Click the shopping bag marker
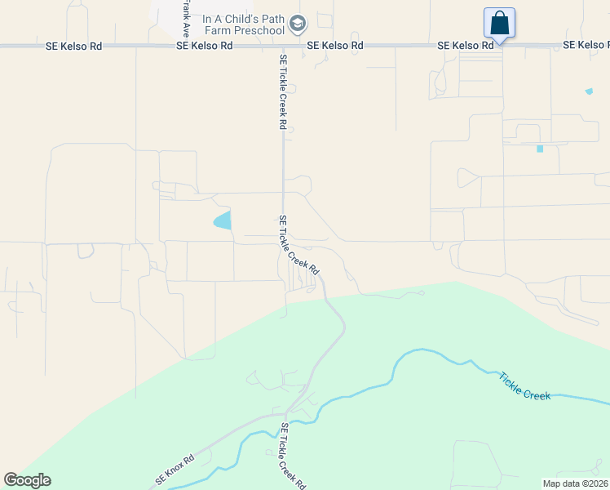tap(499, 23)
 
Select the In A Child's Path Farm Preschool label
tap(232, 24)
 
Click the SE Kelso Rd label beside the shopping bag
tap(466, 46)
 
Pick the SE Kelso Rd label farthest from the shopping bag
tap(73, 47)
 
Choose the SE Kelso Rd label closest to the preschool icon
tap(335, 46)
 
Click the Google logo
tap(27, 480)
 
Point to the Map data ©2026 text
tap(575, 483)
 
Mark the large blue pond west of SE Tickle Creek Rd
tap(223, 220)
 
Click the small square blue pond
tap(539, 149)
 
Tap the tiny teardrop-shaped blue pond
tap(589, 91)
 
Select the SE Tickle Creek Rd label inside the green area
tap(293, 455)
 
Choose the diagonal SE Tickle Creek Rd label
tap(298, 245)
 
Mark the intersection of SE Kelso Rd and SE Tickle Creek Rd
tap(283, 46)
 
